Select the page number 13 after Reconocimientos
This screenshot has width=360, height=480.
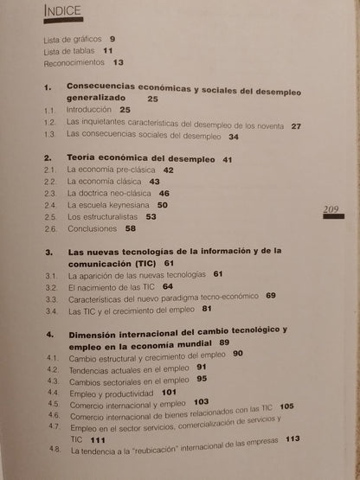[x=119, y=63]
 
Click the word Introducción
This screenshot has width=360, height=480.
[x=90, y=112]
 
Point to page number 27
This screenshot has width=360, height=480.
[x=297, y=126]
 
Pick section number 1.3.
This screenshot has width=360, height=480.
[x=50, y=137]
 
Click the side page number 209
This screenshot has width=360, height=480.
[x=335, y=208]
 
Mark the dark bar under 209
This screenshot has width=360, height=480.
[x=335, y=219]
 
